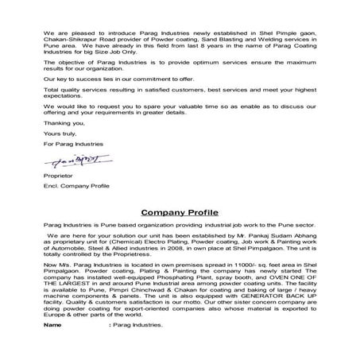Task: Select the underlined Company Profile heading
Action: tap(180, 214)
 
